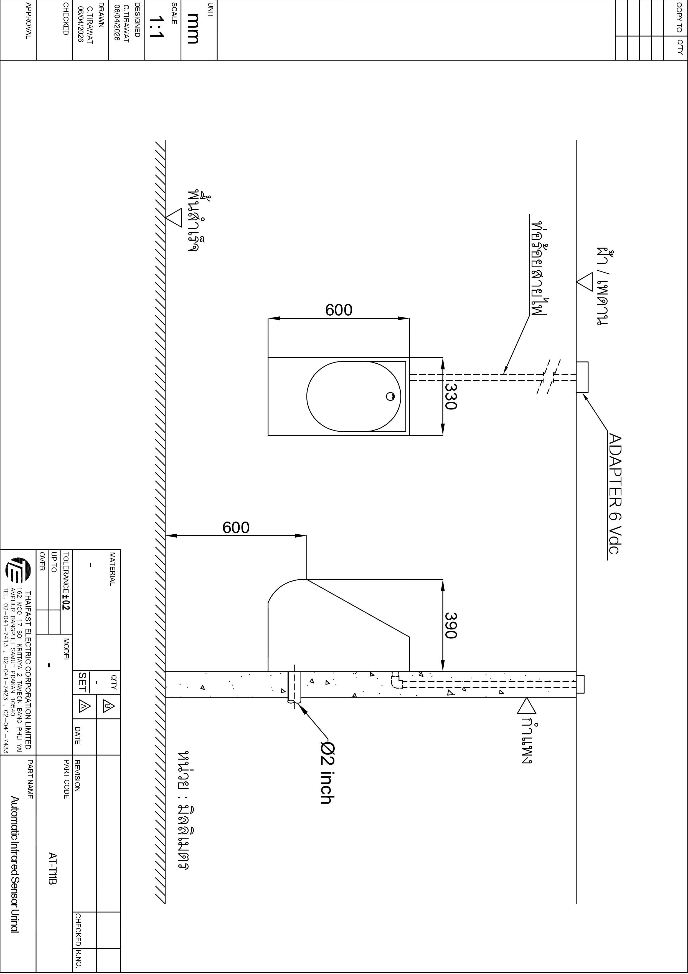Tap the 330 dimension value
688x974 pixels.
pos(451,396)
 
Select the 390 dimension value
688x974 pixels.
pos(451,625)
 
